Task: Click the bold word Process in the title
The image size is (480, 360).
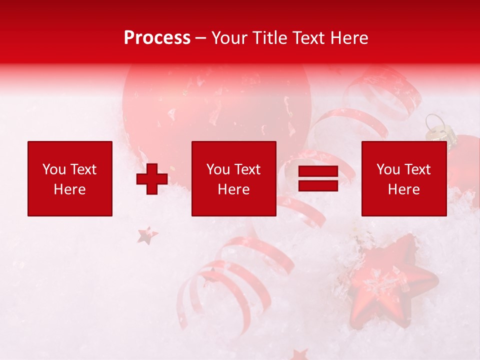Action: pos(157,38)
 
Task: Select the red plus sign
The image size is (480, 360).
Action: pos(152,179)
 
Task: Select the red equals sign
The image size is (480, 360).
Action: pos(318,179)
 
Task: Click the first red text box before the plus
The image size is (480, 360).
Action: pos(70,178)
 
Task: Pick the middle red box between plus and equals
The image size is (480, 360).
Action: pos(233,178)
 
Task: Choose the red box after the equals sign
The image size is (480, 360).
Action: pos(404,178)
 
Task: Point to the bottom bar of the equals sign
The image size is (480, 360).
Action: pos(318,185)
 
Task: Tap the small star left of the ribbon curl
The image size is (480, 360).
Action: pos(147,235)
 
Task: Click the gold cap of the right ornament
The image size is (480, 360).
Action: pos(436,129)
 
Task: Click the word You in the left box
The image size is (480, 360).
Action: pos(54,169)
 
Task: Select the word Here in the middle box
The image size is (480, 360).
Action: pos(233,189)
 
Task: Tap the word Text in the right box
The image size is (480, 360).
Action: pos(418,169)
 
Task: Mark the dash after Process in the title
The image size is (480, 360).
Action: pos(201,38)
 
